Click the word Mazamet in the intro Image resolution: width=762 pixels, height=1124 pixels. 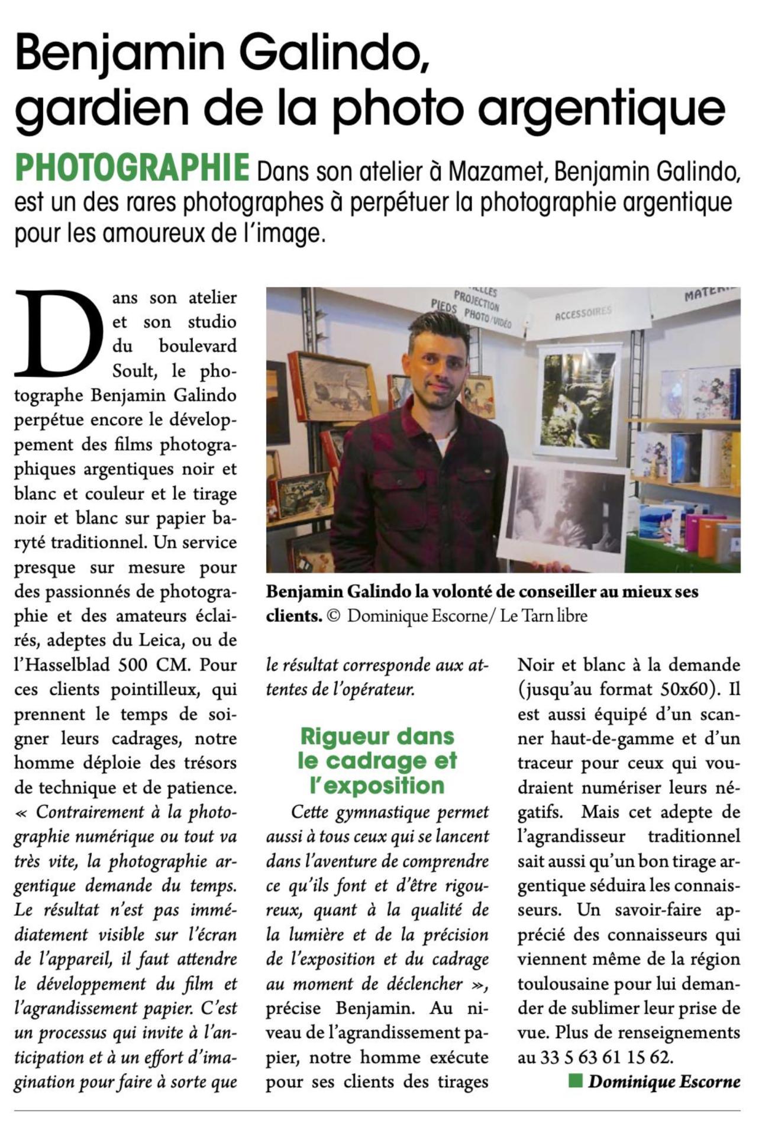[495, 172]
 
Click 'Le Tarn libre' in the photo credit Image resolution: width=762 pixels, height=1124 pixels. [544, 616]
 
